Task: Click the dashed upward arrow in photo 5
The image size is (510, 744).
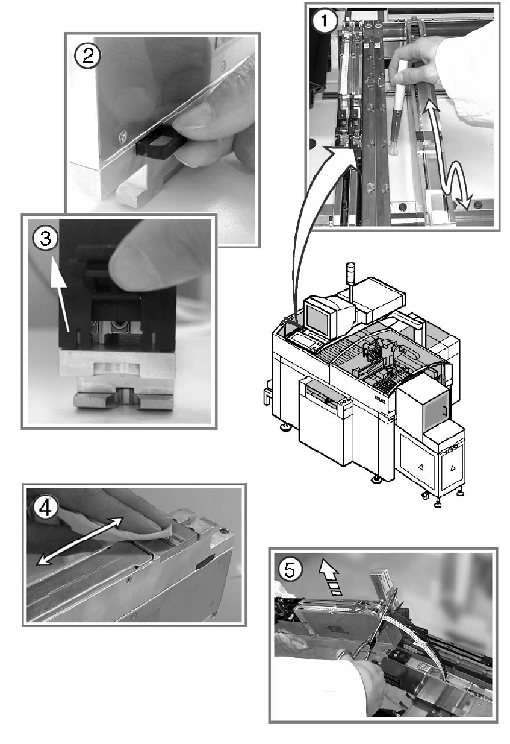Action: (331, 579)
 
